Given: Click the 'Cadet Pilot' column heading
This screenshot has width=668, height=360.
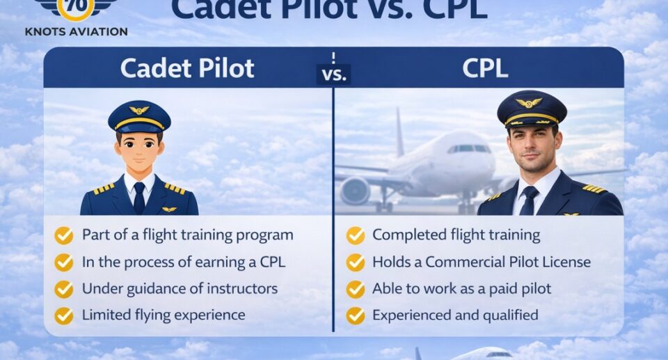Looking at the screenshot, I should point(187,68).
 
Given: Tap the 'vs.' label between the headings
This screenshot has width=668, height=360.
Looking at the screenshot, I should point(334,74).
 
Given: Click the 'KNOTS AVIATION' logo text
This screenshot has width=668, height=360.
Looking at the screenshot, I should point(76,31).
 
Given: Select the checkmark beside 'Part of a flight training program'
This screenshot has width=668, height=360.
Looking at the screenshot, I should point(64,235).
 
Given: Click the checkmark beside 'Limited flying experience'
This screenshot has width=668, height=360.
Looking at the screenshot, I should point(64,315).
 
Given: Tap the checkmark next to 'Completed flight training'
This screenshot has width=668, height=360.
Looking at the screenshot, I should point(356,235).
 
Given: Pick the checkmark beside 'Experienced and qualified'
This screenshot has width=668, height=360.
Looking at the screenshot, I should point(356,315).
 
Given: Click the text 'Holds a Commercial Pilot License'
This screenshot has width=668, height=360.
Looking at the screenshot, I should point(482,262).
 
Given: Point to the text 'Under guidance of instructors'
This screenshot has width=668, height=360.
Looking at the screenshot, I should point(180,288).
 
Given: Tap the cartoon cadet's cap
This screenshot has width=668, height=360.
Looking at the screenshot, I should point(139,116).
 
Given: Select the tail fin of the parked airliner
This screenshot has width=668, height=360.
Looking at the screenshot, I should point(399,132).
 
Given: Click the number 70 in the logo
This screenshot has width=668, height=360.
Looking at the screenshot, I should point(76,6).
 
